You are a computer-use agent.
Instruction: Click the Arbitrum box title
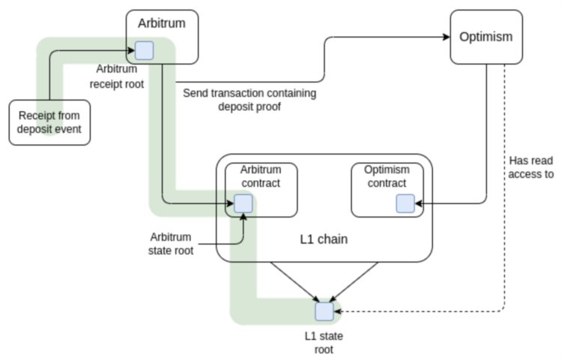point(161,23)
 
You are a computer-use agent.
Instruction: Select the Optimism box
point(486,37)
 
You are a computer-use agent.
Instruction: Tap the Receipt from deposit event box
point(49,122)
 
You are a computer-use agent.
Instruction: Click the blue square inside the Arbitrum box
point(144,51)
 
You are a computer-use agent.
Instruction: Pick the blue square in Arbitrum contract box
point(243,203)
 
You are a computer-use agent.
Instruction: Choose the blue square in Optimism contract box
point(405,202)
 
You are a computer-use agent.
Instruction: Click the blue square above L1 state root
point(324,310)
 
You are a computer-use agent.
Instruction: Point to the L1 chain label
point(324,239)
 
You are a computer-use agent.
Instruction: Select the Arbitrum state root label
point(172,243)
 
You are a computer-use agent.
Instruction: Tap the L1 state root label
point(323,342)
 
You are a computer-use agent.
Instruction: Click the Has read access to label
point(531,167)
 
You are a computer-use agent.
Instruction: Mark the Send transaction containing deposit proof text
point(250,100)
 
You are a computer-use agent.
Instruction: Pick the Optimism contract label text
point(387,176)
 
